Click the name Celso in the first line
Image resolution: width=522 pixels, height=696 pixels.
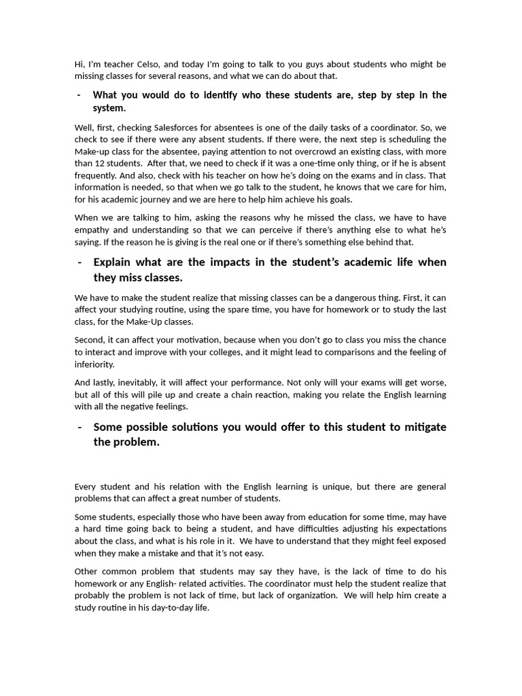pos(139,65)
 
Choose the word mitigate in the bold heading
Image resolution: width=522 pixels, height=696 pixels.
pos(419,427)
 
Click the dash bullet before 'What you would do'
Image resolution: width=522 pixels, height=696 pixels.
pos(80,95)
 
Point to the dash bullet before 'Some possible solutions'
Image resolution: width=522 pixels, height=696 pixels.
pos(80,427)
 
